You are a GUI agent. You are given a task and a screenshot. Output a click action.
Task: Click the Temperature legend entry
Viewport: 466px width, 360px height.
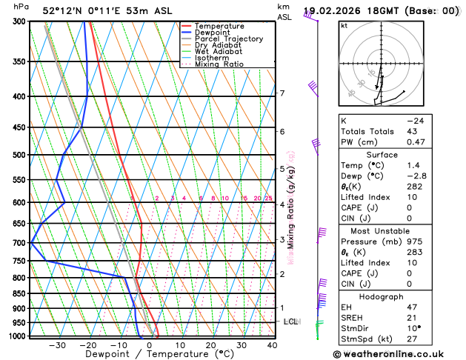point(220,26)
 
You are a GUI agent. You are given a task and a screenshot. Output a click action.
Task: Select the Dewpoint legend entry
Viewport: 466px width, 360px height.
point(213,33)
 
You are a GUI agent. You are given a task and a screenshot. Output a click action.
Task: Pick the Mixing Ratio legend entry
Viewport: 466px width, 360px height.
point(219,64)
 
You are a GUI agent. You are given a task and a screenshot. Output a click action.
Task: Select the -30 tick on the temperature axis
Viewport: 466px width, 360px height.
point(56,345)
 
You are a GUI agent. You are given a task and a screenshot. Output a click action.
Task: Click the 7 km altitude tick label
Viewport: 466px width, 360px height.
point(282,93)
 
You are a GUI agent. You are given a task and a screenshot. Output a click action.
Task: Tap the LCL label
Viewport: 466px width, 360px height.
point(290,321)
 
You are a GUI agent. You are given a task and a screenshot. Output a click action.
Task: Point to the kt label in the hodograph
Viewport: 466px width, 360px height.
point(344,25)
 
